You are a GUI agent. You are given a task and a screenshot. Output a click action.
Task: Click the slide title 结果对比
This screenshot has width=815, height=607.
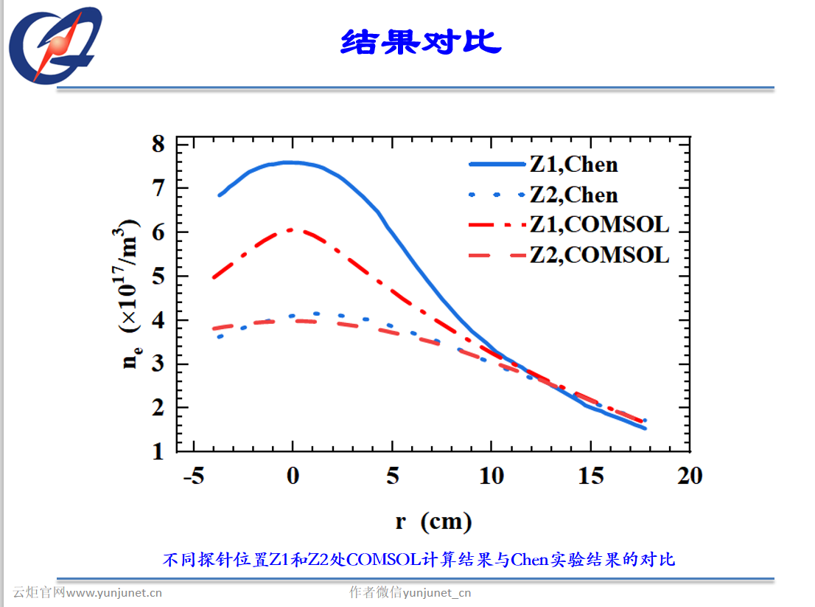coord(421,41)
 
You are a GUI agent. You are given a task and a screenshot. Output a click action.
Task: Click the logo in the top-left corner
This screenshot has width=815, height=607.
coord(53,46)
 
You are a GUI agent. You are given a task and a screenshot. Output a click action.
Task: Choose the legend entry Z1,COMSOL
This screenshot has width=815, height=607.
coord(599,224)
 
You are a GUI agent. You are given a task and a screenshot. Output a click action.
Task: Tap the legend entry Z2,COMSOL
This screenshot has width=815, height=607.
coord(599,255)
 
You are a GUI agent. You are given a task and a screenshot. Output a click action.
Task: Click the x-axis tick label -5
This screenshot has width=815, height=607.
coord(193,476)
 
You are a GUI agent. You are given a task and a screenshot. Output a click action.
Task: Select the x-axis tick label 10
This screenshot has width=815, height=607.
coord(492,476)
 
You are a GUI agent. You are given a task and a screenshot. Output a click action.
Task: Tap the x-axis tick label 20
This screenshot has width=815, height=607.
coord(690,476)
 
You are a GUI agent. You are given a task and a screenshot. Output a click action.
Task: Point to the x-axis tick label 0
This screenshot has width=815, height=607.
coord(293,476)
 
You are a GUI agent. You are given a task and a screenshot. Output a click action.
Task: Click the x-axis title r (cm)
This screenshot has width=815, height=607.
coord(433,522)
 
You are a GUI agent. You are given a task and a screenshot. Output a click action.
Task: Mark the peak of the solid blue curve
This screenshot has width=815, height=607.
coord(291,162)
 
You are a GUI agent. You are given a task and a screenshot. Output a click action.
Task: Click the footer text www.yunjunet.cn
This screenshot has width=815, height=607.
coord(114,592)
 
